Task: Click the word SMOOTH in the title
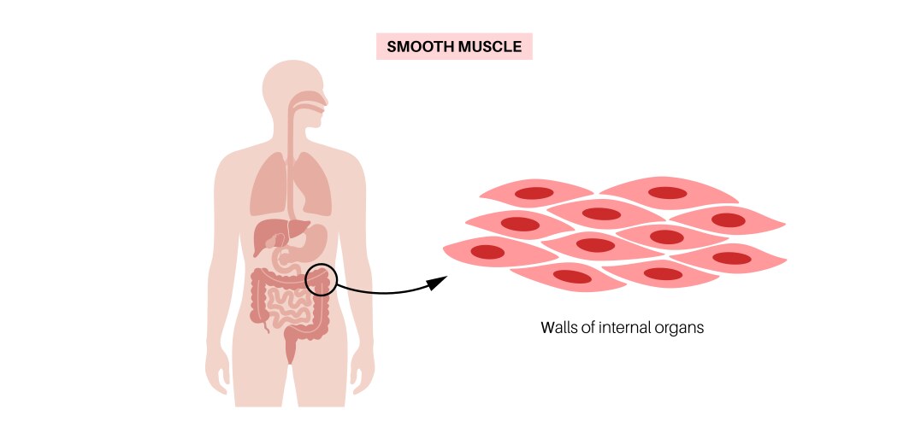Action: (x=418, y=46)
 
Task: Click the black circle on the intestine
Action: (x=322, y=278)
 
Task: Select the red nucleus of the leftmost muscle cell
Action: (x=488, y=252)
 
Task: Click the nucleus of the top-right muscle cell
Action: (x=668, y=193)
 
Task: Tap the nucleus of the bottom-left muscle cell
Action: (x=574, y=276)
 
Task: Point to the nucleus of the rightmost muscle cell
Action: (x=730, y=258)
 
